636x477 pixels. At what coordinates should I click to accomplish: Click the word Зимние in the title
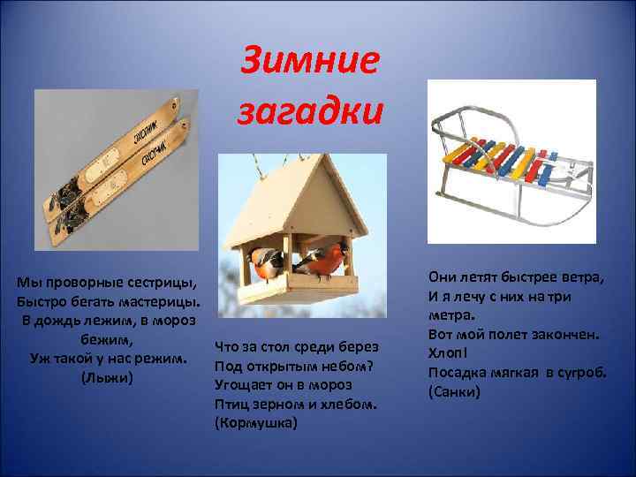point(309,61)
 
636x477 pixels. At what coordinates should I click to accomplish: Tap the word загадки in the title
point(309,111)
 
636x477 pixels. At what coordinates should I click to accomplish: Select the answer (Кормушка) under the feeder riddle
point(256,422)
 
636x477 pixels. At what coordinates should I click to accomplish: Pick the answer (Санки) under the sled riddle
point(454,390)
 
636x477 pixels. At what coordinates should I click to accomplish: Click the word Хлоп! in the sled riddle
point(448,352)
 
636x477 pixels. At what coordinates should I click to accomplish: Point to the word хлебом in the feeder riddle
point(353,403)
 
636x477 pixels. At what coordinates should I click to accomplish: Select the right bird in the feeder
point(322,259)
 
